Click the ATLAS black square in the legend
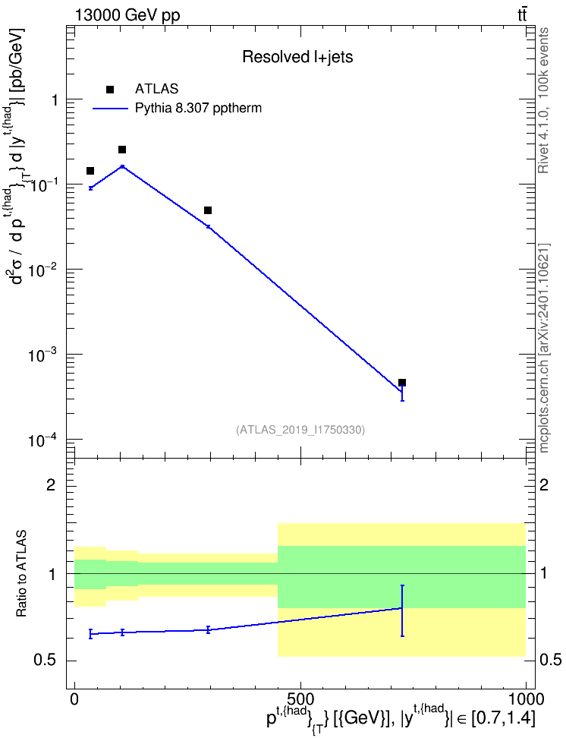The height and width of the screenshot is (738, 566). pyautogui.click(x=110, y=90)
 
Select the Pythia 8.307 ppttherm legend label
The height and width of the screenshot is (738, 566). pyautogui.click(x=198, y=109)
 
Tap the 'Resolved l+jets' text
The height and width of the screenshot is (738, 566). pyautogui.click(x=297, y=57)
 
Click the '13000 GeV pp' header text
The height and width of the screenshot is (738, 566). pyautogui.click(x=127, y=15)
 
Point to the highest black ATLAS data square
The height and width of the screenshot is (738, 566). pyautogui.click(x=122, y=150)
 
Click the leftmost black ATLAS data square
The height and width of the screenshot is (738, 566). pyautogui.click(x=90, y=171)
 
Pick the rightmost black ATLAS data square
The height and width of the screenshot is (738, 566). pyautogui.click(x=402, y=383)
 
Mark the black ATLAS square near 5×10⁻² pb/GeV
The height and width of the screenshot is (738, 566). pyautogui.click(x=208, y=210)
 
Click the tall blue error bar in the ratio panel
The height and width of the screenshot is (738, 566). pyautogui.click(x=402, y=611)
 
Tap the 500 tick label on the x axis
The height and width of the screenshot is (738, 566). pyautogui.click(x=300, y=699)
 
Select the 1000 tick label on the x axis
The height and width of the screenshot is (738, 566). pyautogui.click(x=526, y=699)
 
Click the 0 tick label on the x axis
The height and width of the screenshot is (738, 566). pyautogui.click(x=74, y=699)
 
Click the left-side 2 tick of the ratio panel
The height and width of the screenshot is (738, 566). pyautogui.click(x=50, y=484)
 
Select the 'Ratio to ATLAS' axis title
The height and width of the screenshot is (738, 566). pyautogui.click(x=21, y=574)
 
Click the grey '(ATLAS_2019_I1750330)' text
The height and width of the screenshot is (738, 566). pyautogui.click(x=300, y=430)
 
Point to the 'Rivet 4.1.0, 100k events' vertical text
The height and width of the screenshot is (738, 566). pyautogui.click(x=543, y=101)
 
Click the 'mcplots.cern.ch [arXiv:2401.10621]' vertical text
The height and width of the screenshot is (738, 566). pyautogui.click(x=543, y=348)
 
